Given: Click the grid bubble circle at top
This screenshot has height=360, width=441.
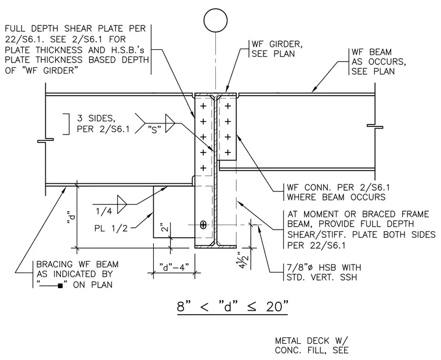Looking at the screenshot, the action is (215, 20).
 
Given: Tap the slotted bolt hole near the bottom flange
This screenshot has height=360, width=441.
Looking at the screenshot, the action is (203, 225).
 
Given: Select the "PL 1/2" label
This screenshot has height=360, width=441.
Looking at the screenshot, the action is (111, 228).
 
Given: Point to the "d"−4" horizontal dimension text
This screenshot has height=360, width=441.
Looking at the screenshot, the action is (173, 267).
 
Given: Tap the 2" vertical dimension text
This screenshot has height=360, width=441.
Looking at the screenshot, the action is (165, 227).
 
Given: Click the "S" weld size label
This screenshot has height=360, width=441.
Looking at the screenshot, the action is (154, 129).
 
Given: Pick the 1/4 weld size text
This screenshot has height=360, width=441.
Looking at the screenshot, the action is (104, 212).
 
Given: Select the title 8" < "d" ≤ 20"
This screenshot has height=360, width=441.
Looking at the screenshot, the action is (232, 306).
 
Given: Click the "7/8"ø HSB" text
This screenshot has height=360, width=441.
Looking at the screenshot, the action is (312, 267).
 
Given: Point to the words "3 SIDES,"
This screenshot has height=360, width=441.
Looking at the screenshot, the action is (96, 118).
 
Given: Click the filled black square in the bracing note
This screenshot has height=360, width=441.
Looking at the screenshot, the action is (60, 286).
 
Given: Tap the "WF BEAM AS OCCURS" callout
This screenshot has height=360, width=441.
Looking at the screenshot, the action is (378, 61).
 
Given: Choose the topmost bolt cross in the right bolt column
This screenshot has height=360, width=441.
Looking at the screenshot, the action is (228, 106).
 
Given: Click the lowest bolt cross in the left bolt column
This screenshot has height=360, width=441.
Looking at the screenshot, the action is (203, 168).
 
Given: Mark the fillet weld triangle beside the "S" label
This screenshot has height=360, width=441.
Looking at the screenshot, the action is (170, 123).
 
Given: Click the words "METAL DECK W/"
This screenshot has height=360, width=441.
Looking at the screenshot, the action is (312, 341).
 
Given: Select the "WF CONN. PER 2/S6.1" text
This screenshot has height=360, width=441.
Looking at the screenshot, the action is (338, 187).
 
